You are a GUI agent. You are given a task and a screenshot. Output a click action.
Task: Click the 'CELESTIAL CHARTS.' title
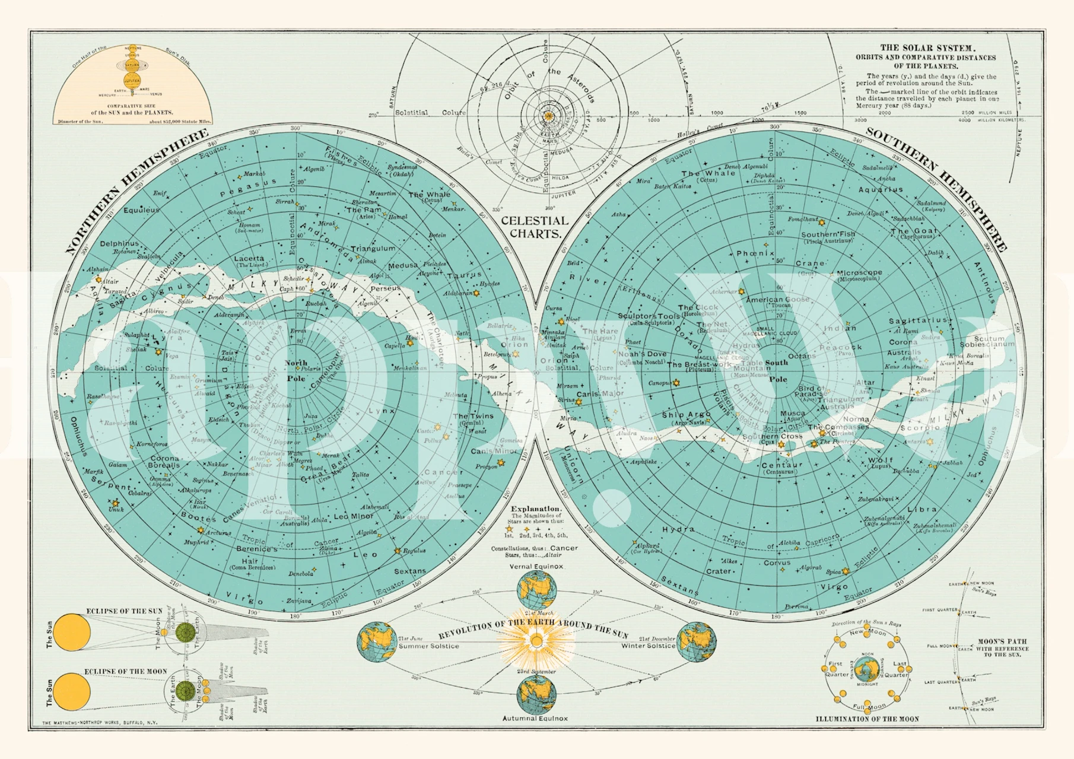click(x=535, y=227)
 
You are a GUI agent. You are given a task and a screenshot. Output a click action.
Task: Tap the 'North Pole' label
click(x=295, y=370)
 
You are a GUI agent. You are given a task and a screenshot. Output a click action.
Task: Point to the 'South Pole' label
click(x=777, y=370)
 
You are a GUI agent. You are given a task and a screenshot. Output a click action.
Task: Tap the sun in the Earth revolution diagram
click(x=536, y=641)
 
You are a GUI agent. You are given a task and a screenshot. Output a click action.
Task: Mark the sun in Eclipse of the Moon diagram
click(x=72, y=692)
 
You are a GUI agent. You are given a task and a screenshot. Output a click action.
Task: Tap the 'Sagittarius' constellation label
click(x=917, y=320)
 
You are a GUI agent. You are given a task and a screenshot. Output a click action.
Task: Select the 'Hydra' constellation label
click(x=678, y=529)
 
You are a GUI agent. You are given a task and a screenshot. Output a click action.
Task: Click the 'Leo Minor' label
click(x=354, y=516)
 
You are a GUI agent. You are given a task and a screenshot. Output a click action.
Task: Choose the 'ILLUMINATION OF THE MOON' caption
click(x=867, y=719)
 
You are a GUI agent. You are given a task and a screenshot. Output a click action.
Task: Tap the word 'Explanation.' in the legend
click(x=536, y=509)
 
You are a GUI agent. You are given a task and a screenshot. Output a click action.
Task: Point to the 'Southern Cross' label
click(x=773, y=436)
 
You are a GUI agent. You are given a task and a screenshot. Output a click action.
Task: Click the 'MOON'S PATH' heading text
click(x=1002, y=642)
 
